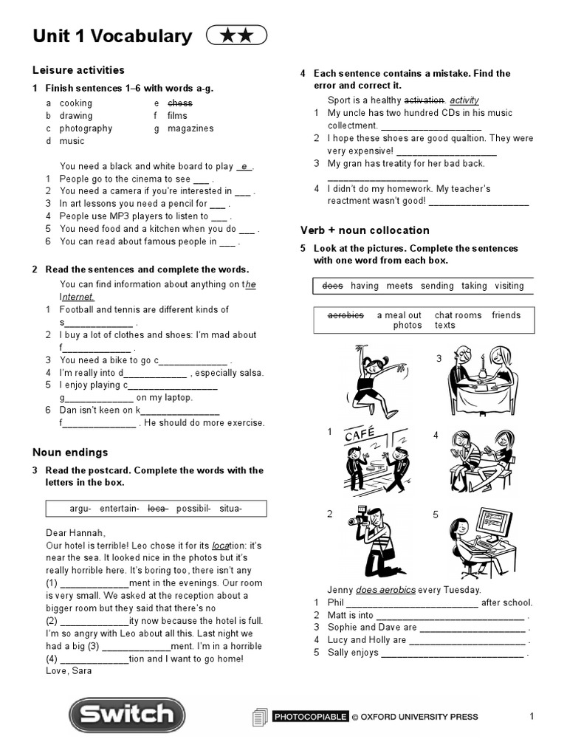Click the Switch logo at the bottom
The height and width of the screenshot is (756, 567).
tap(126, 715)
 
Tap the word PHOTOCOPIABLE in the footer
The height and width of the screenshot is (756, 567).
tap(309, 716)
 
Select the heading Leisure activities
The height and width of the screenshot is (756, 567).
tap(78, 70)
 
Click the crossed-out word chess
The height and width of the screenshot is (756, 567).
tap(179, 103)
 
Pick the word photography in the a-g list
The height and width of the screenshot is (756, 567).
tap(86, 128)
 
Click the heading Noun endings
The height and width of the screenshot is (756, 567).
tap(70, 452)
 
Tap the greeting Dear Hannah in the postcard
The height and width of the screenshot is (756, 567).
tap(75, 532)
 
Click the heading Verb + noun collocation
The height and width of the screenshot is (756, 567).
tap(365, 230)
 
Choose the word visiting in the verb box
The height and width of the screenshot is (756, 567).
tap(509, 286)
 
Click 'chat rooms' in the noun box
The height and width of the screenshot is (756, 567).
tap(458, 315)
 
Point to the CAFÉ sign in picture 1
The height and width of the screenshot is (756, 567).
tap(360, 435)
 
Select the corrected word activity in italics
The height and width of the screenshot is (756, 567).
tap(464, 100)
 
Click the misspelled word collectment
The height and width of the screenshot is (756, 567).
tap(352, 126)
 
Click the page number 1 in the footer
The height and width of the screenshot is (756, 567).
tap(532, 715)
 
